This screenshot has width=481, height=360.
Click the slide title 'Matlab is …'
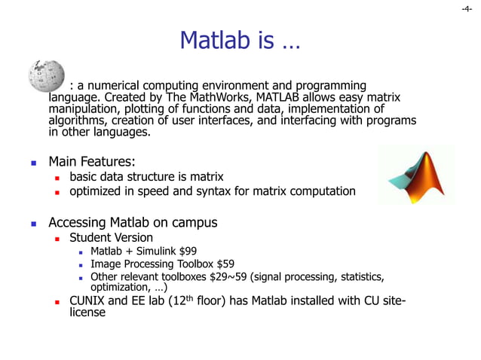[x=240, y=41]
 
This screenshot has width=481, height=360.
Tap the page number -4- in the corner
[x=467, y=9]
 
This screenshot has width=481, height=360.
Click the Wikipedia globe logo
[x=46, y=75]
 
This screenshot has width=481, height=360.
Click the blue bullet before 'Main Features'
[x=33, y=162]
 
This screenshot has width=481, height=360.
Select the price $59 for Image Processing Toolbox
[x=224, y=264]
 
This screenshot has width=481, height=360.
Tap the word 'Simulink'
[x=156, y=251]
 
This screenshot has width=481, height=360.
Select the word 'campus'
[x=195, y=222]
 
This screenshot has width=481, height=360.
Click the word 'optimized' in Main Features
[x=96, y=191]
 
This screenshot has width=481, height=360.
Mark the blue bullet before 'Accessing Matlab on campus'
[x=33, y=224]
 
